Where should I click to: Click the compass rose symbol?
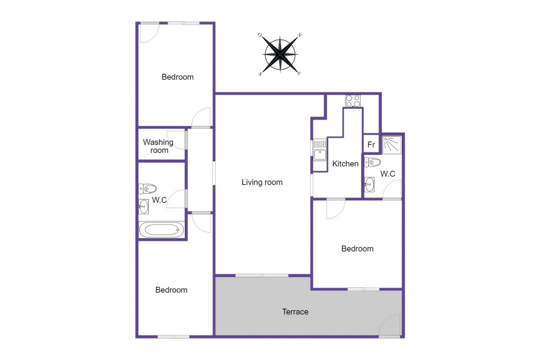pyautogui.click(x=280, y=54)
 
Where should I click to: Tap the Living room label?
pyautogui.click(x=262, y=182)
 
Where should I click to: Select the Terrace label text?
pyautogui.click(x=295, y=312)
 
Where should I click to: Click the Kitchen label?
pyautogui.click(x=345, y=164)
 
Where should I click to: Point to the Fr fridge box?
pyautogui.click(x=371, y=143)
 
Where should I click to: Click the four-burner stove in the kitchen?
pyautogui.click(x=353, y=101)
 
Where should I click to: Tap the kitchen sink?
pyautogui.click(x=320, y=150)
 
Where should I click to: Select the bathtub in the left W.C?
pyautogui.click(x=161, y=229)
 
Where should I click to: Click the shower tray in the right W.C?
pyautogui.click(x=392, y=145)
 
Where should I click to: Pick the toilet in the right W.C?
pyautogui.click(x=373, y=162)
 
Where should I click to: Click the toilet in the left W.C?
pyautogui.click(x=148, y=188)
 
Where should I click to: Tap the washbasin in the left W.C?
pyautogui.click(x=143, y=206)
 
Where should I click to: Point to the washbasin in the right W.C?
pyautogui.click(x=369, y=185)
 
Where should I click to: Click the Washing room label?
pyautogui.click(x=158, y=146)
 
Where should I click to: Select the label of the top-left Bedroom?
pyautogui.click(x=178, y=77)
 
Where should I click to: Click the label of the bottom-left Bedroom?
pyautogui.click(x=171, y=290)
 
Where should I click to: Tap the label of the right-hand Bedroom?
pyautogui.click(x=357, y=249)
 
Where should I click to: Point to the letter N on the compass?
pyautogui.click(x=300, y=35)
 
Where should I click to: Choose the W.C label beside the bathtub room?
pyautogui.click(x=160, y=200)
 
